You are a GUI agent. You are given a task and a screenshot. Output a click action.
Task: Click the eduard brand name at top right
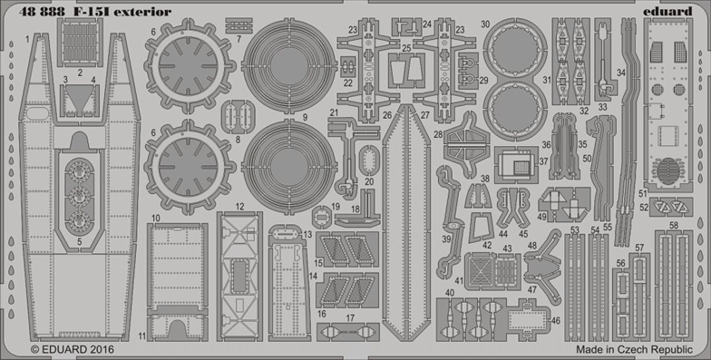[x=667, y=11]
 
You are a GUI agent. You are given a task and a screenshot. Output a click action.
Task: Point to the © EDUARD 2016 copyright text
[x=73, y=350]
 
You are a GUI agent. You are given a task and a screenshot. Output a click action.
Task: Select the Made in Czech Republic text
[x=635, y=350]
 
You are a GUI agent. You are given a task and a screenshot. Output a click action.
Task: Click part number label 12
[x=239, y=207]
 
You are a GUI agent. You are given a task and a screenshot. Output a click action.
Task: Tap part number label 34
[x=620, y=73]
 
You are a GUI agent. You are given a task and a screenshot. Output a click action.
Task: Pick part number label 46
[x=556, y=321]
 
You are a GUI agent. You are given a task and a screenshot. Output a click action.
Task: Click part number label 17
[x=350, y=318]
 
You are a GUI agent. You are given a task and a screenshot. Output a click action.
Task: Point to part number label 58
[x=674, y=225]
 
